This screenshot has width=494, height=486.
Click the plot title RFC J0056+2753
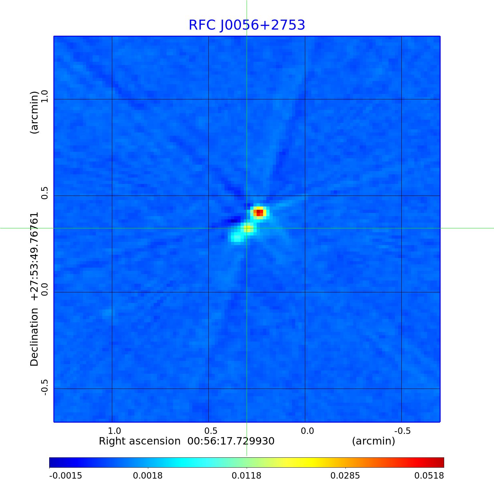pyautogui.click(x=247, y=25)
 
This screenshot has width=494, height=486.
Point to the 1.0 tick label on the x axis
pyautogui.click(x=114, y=431)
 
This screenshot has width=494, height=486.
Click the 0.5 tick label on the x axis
pyautogui.click(x=211, y=431)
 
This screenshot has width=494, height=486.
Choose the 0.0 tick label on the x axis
pyautogui.click(x=307, y=431)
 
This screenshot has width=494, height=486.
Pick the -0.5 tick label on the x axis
pyautogui.click(x=402, y=431)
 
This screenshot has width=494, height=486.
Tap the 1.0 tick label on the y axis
pyautogui.click(x=44, y=96)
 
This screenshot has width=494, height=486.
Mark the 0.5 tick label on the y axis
pyautogui.click(x=44, y=192)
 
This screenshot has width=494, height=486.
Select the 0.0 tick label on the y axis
pyautogui.click(x=44, y=289)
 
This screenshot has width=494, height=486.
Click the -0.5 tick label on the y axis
pyautogui.click(x=44, y=387)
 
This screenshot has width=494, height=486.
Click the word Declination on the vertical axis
pyautogui.click(x=34, y=337)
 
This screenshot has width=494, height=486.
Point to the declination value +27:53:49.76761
pyautogui.click(x=34, y=256)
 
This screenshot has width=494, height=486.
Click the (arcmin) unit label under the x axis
pyautogui.click(x=373, y=441)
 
